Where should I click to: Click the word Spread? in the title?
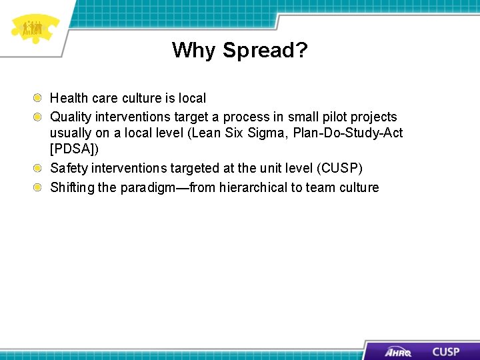pyautogui.click(x=265, y=50)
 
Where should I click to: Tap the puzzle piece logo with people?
pyautogui.click(x=33, y=28)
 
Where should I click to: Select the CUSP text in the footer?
pyautogui.click(x=445, y=351)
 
